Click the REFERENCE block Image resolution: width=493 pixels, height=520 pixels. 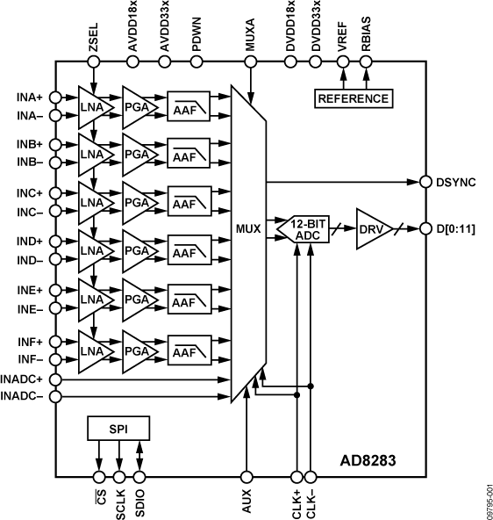353,98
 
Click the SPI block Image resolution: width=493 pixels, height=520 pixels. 118,429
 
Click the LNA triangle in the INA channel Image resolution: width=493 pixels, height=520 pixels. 92,105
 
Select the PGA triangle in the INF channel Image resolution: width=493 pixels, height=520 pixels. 138,351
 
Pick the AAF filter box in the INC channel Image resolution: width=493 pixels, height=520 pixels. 183,204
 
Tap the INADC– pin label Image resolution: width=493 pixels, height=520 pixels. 26,396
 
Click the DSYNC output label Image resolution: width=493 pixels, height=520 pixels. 455,183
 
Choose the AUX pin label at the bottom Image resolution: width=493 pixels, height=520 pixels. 249,499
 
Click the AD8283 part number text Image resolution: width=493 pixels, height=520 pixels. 371,459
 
